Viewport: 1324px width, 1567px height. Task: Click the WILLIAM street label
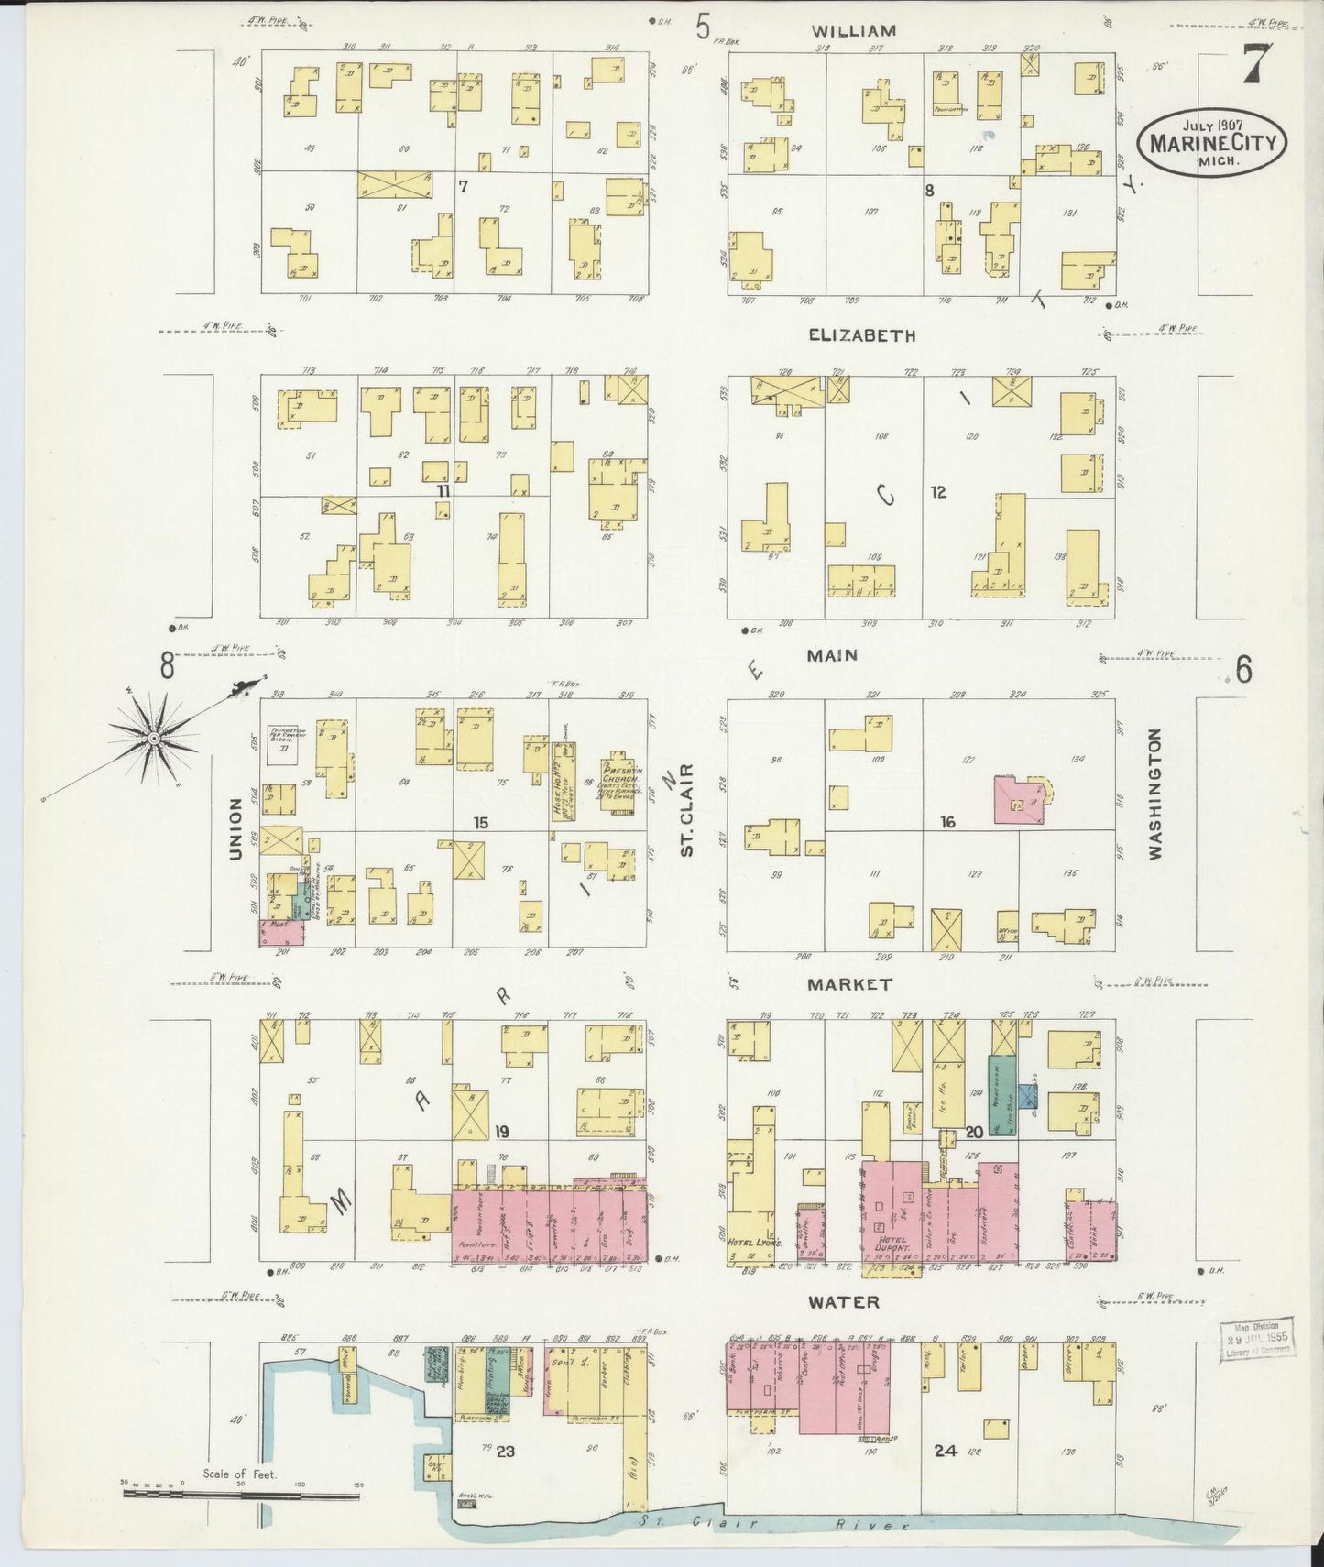853,30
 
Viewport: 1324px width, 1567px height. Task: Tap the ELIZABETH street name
861,336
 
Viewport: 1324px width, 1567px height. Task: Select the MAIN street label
832,655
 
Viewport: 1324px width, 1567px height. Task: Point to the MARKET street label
849,984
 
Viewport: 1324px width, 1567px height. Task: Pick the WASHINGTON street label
1154,794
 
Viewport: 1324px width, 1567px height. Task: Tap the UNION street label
236,828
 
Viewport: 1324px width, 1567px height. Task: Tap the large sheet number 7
1256,65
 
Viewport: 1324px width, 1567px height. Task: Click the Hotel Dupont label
886,1249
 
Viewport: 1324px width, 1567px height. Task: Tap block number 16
947,822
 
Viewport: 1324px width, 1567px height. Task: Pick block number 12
938,492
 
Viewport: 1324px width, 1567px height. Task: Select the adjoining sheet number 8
167,668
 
